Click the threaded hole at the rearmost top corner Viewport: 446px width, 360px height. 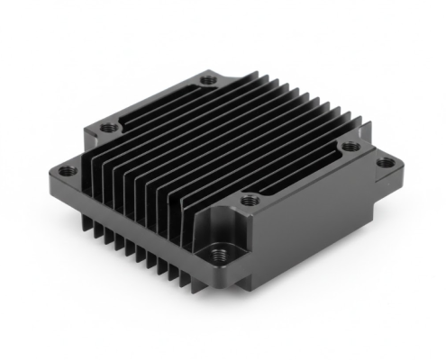[209, 80]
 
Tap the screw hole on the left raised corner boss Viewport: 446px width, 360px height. [107, 126]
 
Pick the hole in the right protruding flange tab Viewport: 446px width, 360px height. [386, 163]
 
